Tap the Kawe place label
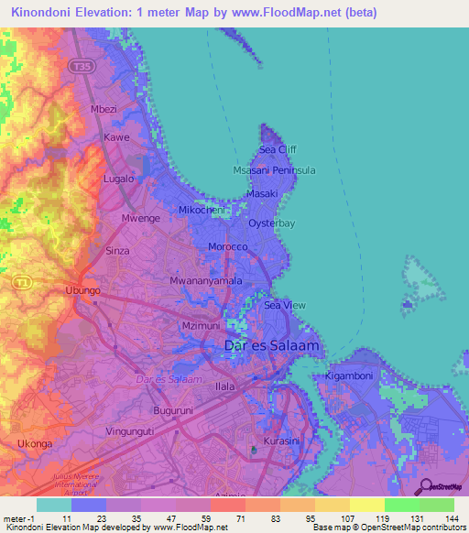pyautogui.click(x=116, y=137)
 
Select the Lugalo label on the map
pyautogui.click(x=119, y=179)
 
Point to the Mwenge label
pyautogui.click(x=141, y=219)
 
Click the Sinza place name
pyautogui.click(x=117, y=250)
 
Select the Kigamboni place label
pyautogui.click(x=349, y=376)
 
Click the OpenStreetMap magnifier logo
pyautogui.click(x=425, y=486)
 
